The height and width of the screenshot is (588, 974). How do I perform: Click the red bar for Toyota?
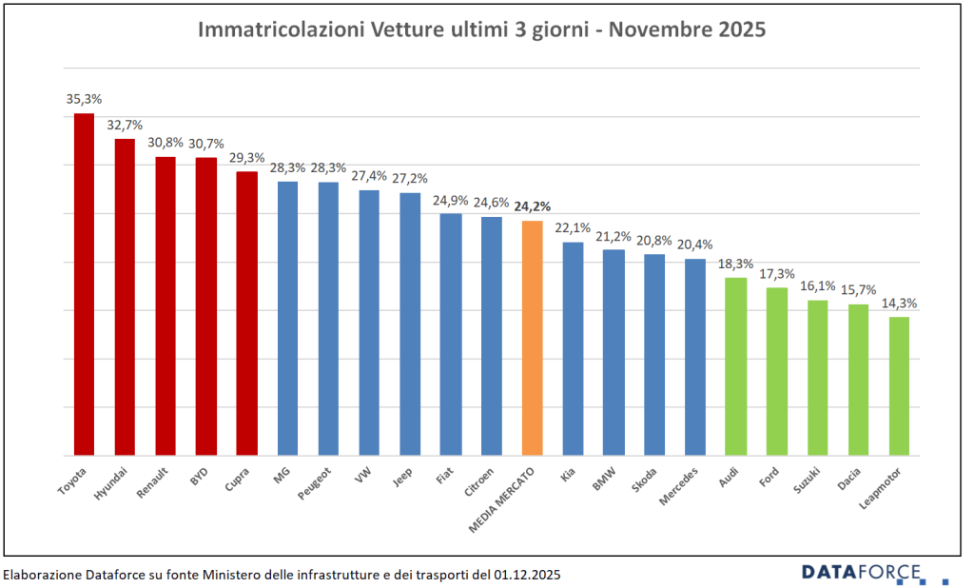pyautogui.click(x=84, y=285)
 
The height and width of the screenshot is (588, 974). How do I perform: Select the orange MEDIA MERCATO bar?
pyautogui.click(x=533, y=338)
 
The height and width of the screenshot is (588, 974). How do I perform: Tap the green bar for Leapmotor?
pyautogui.click(x=899, y=386)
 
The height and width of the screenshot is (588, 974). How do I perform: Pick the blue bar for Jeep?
pyautogui.click(x=410, y=323)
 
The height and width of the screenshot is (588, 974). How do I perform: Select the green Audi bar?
pyautogui.click(x=735, y=366)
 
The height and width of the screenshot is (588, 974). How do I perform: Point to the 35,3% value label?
pyautogui.click(x=84, y=98)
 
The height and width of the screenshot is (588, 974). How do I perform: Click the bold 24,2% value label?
pyautogui.click(x=533, y=206)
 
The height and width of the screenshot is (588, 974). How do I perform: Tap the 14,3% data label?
pyautogui.click(x=899, y=303)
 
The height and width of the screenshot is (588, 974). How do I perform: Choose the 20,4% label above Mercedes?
pyautogui.click(x=695, y=245)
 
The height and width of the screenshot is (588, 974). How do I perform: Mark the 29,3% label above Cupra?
pyautogui.click(x=246, y=157)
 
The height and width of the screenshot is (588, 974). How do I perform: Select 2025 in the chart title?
pyautogui.click(x=739, y=29)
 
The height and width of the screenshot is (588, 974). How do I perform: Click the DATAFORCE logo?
pyautogui.click(x=862, y=572)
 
